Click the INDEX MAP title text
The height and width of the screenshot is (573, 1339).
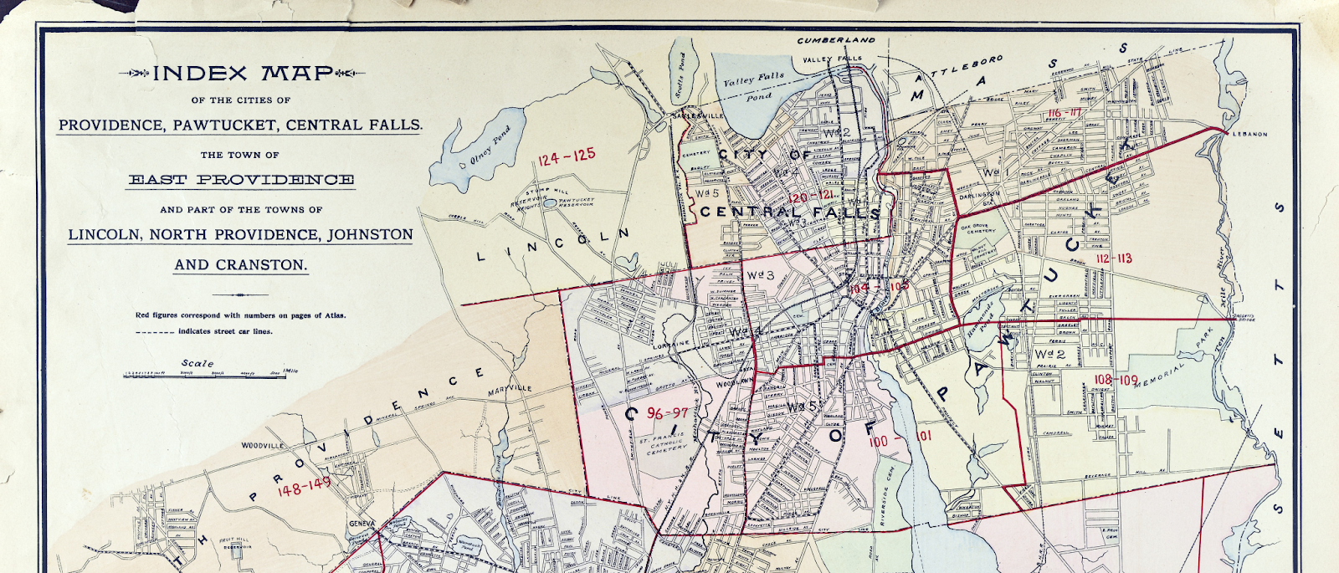pyautogui.click(x=243, y=74)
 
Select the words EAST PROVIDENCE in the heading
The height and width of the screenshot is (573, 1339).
pyautogui.click(x=241, y=180)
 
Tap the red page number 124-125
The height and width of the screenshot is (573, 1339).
pyautogui.click(x=567, y=156)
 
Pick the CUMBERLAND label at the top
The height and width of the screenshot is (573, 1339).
pyautogui.click(x=835, y=40)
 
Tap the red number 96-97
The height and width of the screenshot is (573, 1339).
pyautogui.click(x=668, y=413)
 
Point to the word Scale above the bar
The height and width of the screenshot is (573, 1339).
pyautogui.click(x=198, y=363)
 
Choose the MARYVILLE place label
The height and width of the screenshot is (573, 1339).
pyautogui.click(x=510, y=388)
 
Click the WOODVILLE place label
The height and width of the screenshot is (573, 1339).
pyautogui.click(x=264, y=446)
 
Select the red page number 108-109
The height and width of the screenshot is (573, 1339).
pyautogui.click(x=1116, y=380)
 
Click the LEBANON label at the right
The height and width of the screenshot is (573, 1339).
pyautogui.click(x=1249, y=134)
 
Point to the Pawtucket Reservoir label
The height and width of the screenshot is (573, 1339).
pyautogui.click(x=576, y=202)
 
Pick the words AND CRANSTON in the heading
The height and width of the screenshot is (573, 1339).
pyautogui.click(x=241, y=265)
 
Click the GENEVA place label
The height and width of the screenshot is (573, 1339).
pyautogui.click(x=362, y=524)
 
